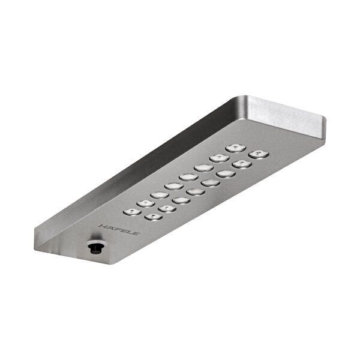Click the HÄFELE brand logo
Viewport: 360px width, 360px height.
pyautogui.click(x=118, y=229)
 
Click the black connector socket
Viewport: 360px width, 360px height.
pyautogui.click(x=94, y=247)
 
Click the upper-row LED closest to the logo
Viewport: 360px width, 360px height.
pyautogui.click(x=132, y=211)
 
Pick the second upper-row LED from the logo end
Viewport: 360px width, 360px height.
pyautogui.click(x=146, y=203)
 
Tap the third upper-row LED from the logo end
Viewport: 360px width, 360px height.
pyautogui.click(x=160, y=194)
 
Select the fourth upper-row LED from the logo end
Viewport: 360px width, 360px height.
pyautogui.click(x=174, y=186)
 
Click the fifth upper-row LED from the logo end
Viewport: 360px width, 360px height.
pyautogui.click(x=188, y=177)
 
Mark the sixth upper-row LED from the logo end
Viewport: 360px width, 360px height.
pyautogui.click(x=203, y=168)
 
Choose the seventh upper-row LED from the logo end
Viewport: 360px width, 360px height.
pyautogui.click(x=219, y=158)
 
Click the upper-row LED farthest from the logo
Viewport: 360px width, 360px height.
pyautogui.click(x=235, y=148)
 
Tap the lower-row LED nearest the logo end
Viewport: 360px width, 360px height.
pyautogui.click(x=152, y=217)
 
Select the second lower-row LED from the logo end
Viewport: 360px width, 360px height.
pyautogui.click(x=167, y=209)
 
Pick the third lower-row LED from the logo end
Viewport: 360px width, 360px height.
pyautogui.click(x=181, y=200)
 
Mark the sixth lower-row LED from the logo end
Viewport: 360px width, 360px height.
pyautogui.click(x=226, y=174)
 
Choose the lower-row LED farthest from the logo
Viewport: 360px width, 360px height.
pyautogui.click(x=258, y=154)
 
